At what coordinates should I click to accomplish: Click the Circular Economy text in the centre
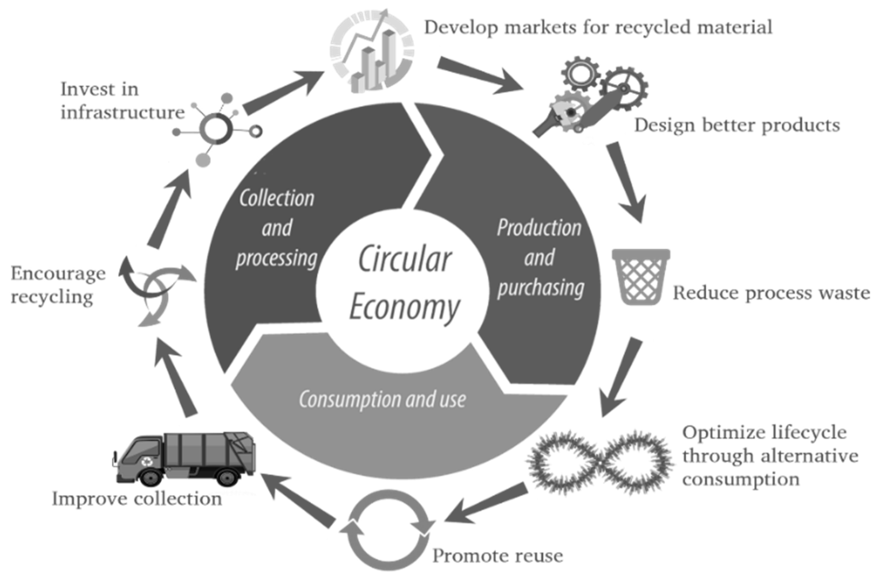coord(404,285)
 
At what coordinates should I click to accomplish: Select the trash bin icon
coord(641,277)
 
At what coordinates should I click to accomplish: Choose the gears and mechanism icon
coord(591,97)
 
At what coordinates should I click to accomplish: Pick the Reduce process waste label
coord(771,293)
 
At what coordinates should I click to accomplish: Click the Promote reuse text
coord(498,555)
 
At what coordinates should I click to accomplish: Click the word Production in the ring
coord(539,228)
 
